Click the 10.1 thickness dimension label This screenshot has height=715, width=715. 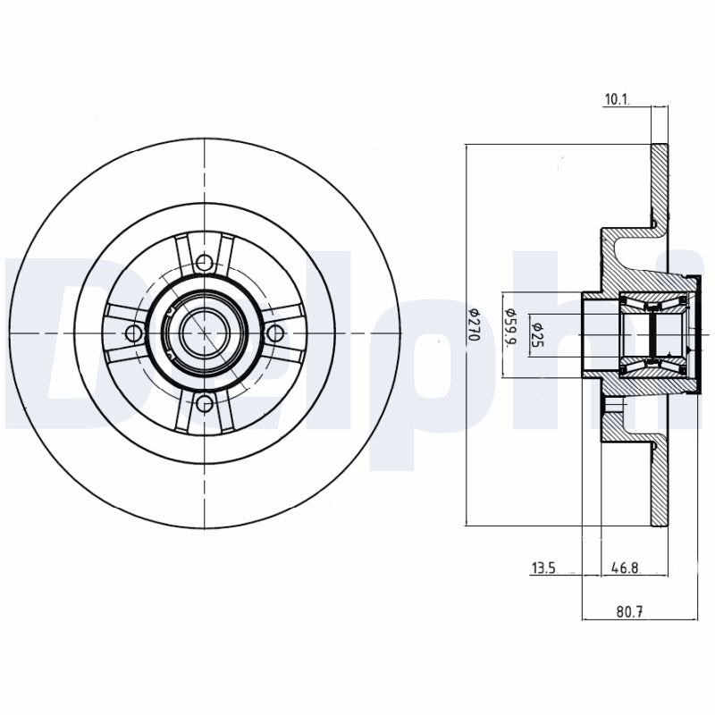click(x=617, y=99)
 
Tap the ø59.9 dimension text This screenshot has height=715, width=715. click(x=510, y=326)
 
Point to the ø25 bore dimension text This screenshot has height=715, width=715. click(x=537, y=334)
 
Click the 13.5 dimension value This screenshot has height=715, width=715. click(x=543, y=568)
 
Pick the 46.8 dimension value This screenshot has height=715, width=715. click(x=626, y=568)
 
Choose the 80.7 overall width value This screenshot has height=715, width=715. click(x=630, y=611)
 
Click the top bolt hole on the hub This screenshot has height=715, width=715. click(x=205, y=262)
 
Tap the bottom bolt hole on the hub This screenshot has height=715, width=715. click(x=205, y=403)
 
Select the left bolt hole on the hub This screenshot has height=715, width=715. click(x=133, y=333)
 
